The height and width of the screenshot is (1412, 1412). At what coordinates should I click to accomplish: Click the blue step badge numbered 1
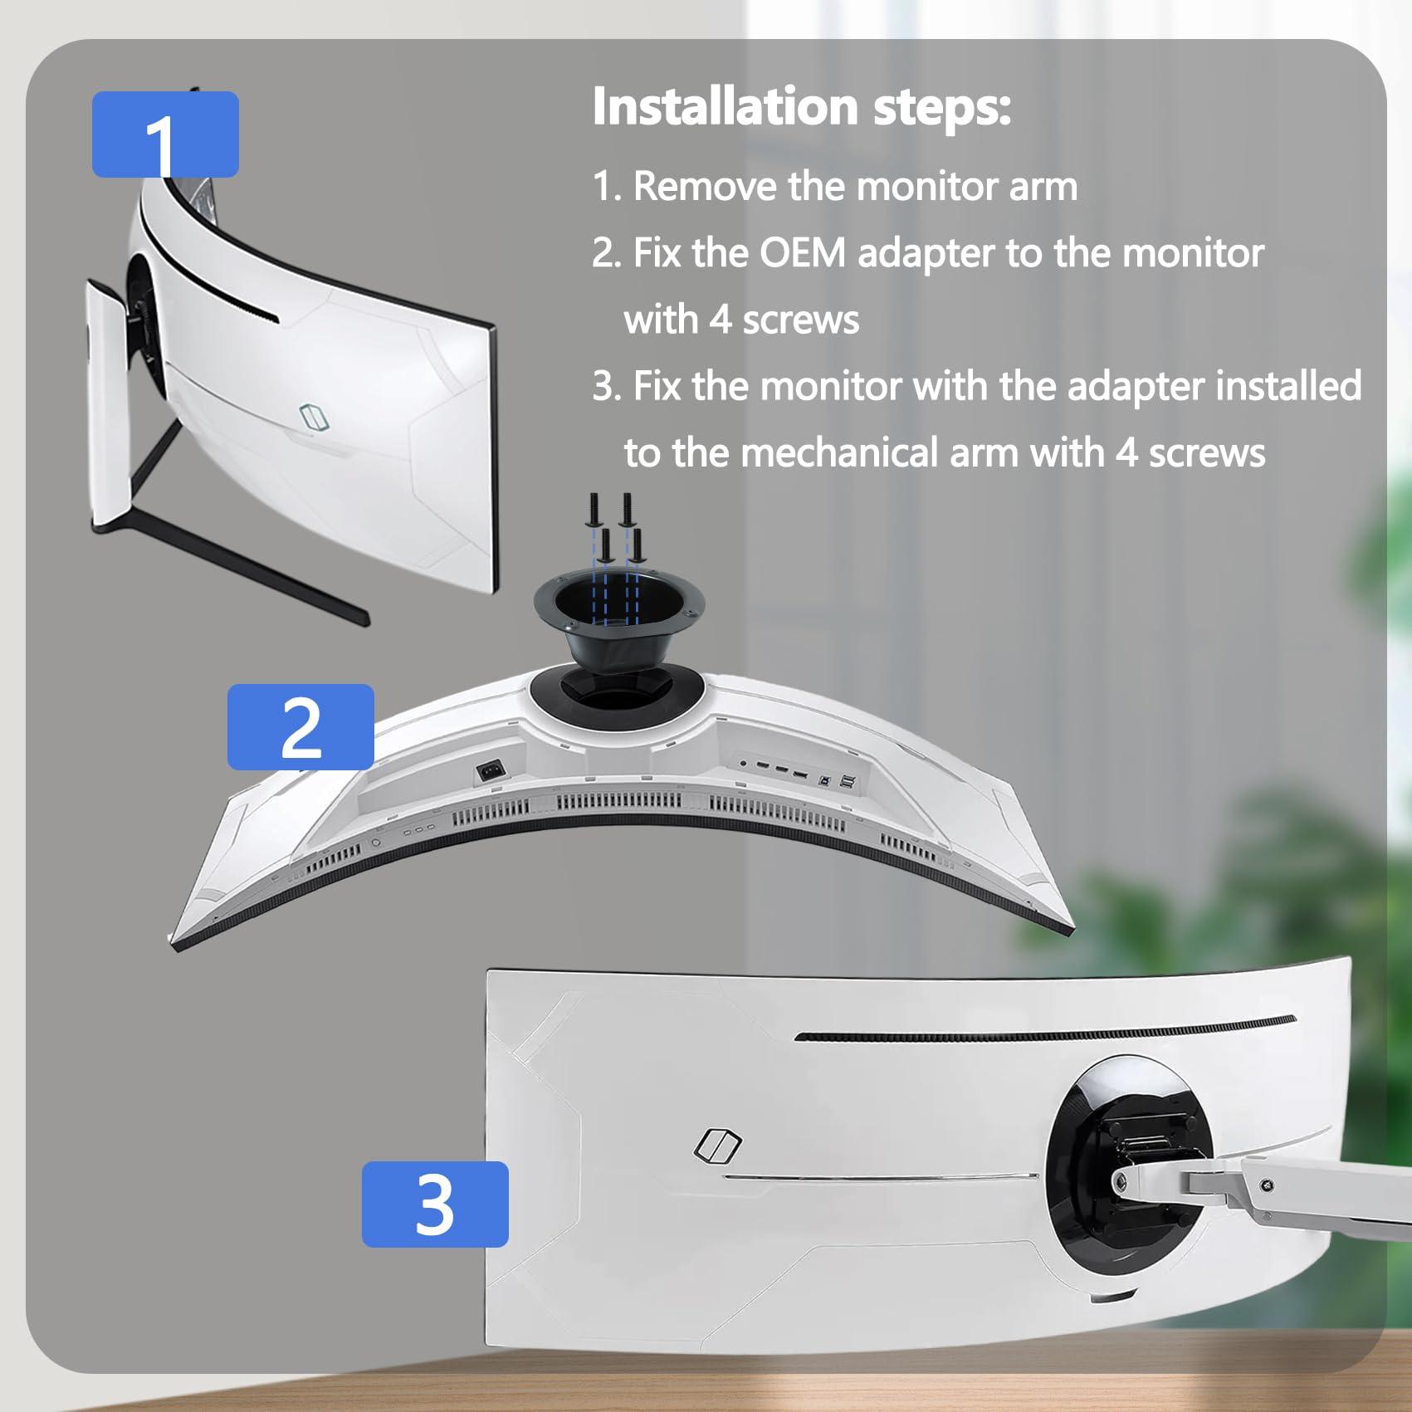pos(165,134)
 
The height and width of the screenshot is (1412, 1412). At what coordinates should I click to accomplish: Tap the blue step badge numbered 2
pos(300,726)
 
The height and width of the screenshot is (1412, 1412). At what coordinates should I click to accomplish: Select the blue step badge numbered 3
pos(435,1204)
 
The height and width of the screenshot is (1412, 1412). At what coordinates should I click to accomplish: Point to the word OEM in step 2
pos(802,253)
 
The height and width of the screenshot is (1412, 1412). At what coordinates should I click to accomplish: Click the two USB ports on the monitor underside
pos(847,780)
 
